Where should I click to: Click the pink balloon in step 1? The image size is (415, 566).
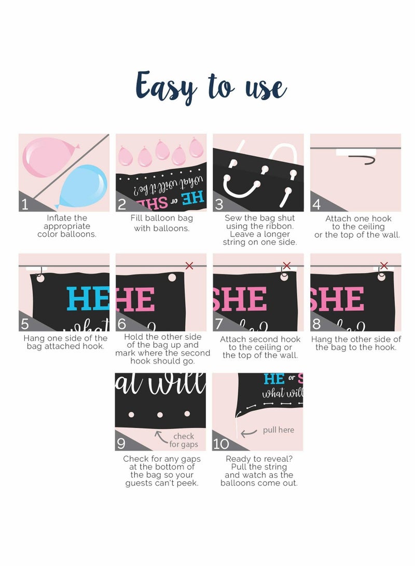coord(49,157)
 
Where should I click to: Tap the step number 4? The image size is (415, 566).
coord(316,205)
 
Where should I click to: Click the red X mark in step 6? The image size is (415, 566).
coord(189,266)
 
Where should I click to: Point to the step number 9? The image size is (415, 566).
coord(121,444)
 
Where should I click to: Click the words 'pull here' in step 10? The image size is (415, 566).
coord(278,430)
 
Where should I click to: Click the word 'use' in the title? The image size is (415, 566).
coord(266,89)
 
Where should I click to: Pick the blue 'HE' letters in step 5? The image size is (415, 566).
coord(88,298)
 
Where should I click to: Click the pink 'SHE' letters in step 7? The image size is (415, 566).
coord(240,299)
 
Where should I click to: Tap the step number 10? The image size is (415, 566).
coord(221,444)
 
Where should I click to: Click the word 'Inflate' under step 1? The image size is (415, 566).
coord(67,218)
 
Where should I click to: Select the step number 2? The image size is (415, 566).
coord(122,205)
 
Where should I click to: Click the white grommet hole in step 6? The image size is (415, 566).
coord(172,277)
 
